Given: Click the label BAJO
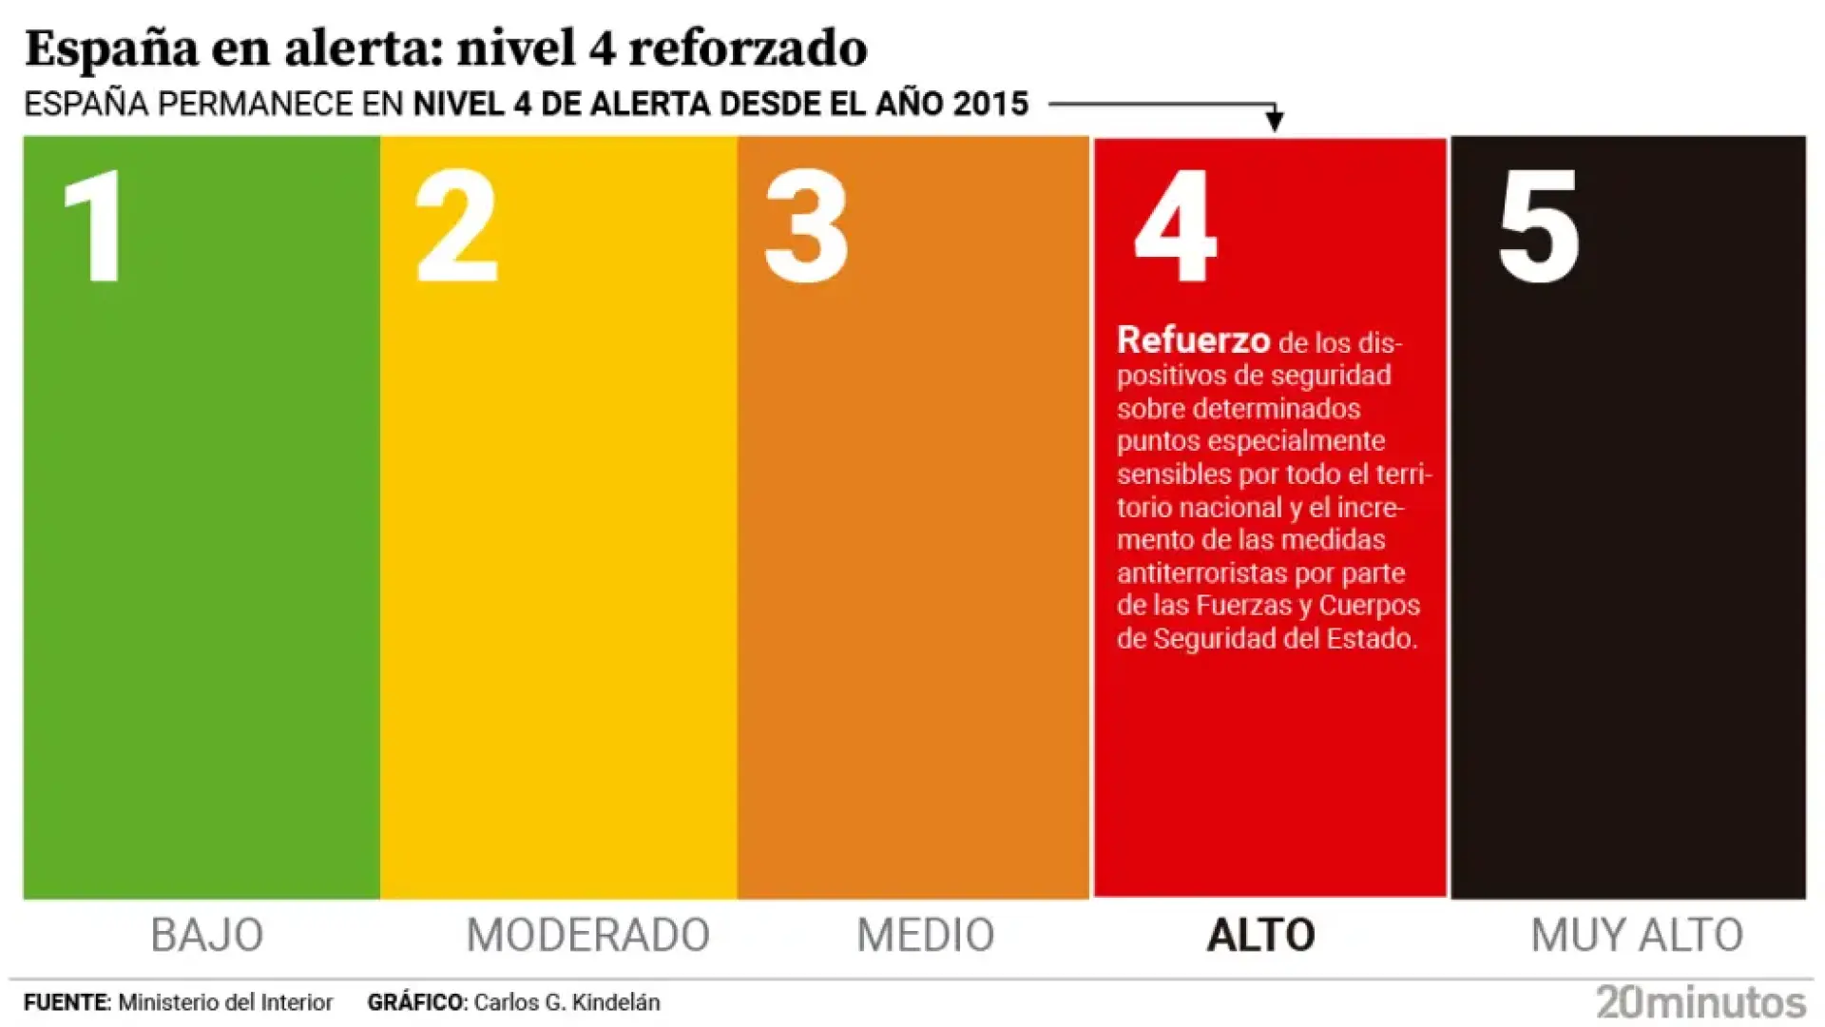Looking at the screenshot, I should [x=207, y=935].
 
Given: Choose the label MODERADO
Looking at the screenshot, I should [x=587, y=935].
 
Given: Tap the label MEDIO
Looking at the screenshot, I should [x=925, y=935].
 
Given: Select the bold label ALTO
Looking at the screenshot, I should [x=1260, y=935].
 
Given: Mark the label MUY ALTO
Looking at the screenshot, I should [x=1637, y=935].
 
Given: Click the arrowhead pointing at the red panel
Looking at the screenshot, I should [x=1275, y=121].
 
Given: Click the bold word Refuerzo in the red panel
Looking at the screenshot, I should [x=1193, y=339].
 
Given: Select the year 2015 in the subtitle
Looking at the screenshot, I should [x=991, y=104].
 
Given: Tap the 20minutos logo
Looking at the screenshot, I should [x=1701, y=1002].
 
